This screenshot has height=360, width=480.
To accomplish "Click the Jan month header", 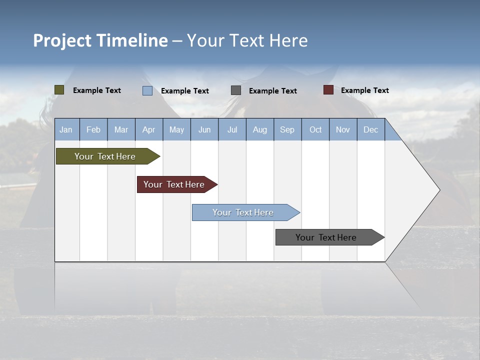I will pyautogui.click(x=66, y=129).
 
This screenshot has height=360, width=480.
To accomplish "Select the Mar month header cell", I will pyautogui.click(x=121, y=129).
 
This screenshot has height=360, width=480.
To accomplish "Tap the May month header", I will pyautogui.click(x=176, y=129).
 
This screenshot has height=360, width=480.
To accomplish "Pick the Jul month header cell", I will pyautogui.click(x=232, y=129).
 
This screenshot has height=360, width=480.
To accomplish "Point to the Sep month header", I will pyautogui.click(x=287, y=129).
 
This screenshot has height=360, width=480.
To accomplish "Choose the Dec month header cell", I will pyautogui.click(x=370, y=129).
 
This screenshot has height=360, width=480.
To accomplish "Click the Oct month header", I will pyautogui.click(x=315, y=129).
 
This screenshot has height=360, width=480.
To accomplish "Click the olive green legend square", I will pyautogui.click(x=59, y=90).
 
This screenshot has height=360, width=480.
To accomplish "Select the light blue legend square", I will pyautogui.click(x=147, y=90).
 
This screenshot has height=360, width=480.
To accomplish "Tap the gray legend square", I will pyautogui.click(x=236, y=90).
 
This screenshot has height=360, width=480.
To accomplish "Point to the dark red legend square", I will pyautogui.click(x=328, y=90).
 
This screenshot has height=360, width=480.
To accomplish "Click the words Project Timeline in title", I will pyautogui.click(x=100, y=40).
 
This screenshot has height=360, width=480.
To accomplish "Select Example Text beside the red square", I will pyautogui.click(x=364, y=90).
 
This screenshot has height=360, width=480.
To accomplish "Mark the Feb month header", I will pyautogui.click(x=93, y=129).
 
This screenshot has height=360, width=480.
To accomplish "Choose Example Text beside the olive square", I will pyautogui.click(x=97, y=90).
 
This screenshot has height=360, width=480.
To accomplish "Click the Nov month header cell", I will pyautogui.click(x=343, y=129).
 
